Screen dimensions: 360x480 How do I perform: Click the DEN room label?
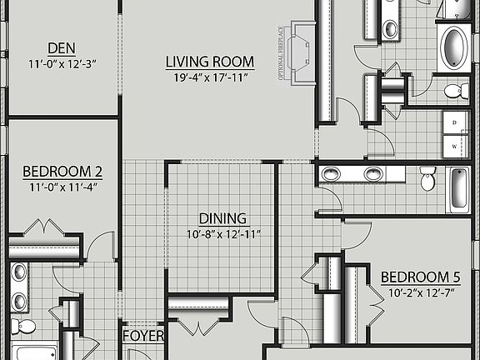pyautogui.click(x=62, y=47)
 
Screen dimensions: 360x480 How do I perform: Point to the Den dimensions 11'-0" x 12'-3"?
pyautogui.click(x=62, y=62)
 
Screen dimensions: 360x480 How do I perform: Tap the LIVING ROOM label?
pyautogui.click(x=209, y=62)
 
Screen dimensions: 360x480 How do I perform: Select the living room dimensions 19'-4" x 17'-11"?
pyautogui.click(x=209, y=77)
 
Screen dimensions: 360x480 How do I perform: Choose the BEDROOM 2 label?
pyautogui.click(x=62, y=172)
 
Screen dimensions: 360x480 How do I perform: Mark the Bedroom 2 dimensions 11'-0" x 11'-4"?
pyautogui.click(x=62, y=187)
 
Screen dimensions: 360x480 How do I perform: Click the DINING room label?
pyautogui.click(x=222, y=218)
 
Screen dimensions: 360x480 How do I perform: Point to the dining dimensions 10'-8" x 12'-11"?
pyautogui.click(x=222, y=234)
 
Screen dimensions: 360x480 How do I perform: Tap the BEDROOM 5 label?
pyautogui.click(x=420, y=277)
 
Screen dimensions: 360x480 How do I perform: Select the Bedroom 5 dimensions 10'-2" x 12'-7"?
pyautogui.click(x=420, y=292)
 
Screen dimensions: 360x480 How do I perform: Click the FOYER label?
pyautogui.click(x=142, y=337)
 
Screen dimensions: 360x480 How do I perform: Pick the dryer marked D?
pyautogui.click(x=454, y=122)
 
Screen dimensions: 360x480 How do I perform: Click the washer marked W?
pyautogui.click(x=454, y=146)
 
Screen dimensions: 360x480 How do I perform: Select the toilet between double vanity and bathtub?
pyautogui.click(x=428, y=178)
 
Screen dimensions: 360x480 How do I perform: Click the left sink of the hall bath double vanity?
pyautogui.click(x=332, y=174)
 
